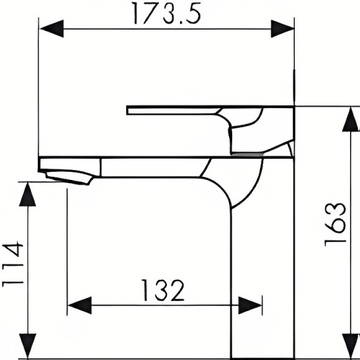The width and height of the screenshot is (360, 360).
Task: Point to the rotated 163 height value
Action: [335, 224]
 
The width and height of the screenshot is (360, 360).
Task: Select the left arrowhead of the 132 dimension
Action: [78, 305]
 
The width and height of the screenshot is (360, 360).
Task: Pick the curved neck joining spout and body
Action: [236, 180]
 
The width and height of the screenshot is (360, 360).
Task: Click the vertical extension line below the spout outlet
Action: [66, 248]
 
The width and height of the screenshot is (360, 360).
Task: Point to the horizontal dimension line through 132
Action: [124, 305]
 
